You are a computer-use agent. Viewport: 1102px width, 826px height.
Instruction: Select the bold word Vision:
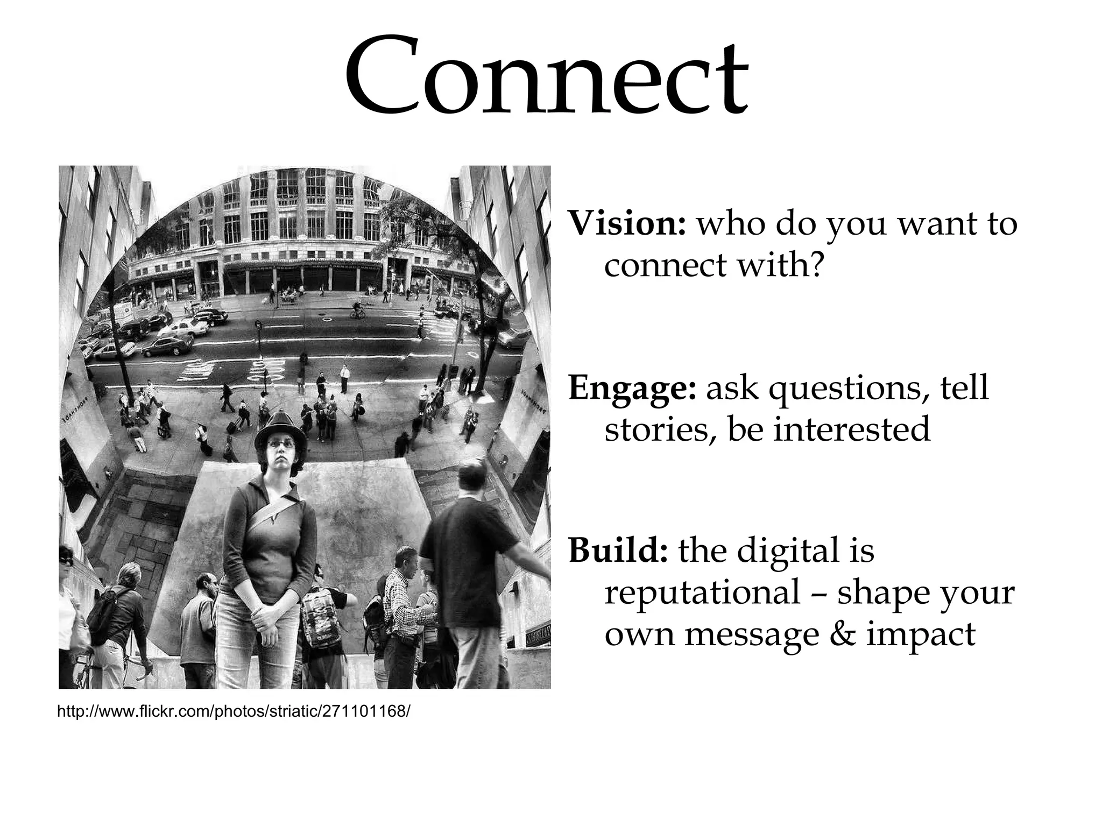point(627,223)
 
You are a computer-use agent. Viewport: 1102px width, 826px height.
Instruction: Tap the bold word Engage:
point(632,388)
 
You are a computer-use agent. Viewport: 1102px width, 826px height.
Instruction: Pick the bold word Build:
point(618,550)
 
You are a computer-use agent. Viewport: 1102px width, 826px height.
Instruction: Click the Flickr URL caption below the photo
point(233,711)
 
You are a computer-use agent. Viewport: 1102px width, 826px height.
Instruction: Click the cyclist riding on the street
point(358,309)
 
